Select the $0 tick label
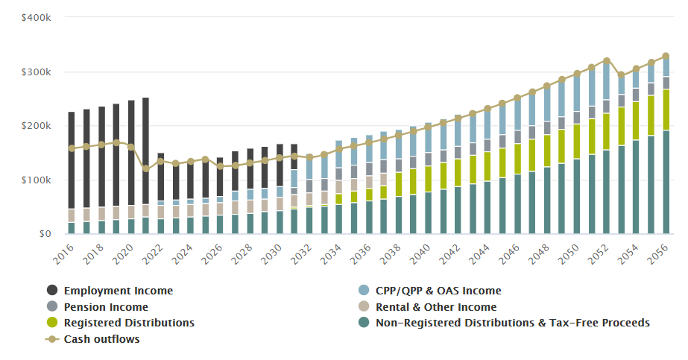(45, 234)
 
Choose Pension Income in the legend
(106, 307)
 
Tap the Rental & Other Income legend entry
(436, 307)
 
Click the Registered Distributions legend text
(129, 323)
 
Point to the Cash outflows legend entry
(101, 339)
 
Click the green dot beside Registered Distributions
(52, 323)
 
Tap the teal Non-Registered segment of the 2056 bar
(666, 183)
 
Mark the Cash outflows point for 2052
(607, 60)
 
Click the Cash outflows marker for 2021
(145, 169)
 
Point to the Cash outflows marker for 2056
(666, 56)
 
